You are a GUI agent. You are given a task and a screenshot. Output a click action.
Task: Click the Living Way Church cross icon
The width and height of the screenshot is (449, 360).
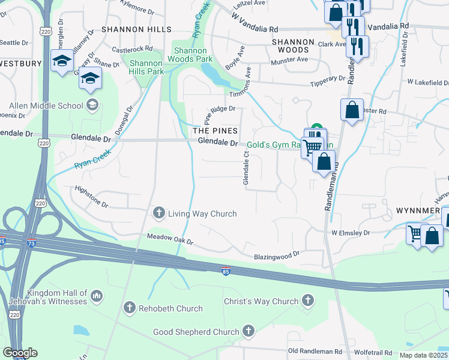point(159,212)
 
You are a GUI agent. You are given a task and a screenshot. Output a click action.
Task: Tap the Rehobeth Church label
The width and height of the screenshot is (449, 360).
point(170,308)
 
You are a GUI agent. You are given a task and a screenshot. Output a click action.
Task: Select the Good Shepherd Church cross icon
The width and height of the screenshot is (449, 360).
point(248,331)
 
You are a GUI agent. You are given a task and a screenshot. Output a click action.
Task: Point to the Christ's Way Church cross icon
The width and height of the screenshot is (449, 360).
point(308,300)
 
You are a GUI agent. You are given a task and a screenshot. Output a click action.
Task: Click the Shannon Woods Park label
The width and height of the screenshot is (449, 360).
point(193,55)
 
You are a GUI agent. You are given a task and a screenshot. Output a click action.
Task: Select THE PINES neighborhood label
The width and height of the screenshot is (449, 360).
point(215,130)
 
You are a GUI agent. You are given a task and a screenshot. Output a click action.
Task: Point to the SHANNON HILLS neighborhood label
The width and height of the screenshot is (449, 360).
point(136,29)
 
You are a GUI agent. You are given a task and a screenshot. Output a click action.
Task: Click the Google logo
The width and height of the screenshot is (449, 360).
point(20,353)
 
